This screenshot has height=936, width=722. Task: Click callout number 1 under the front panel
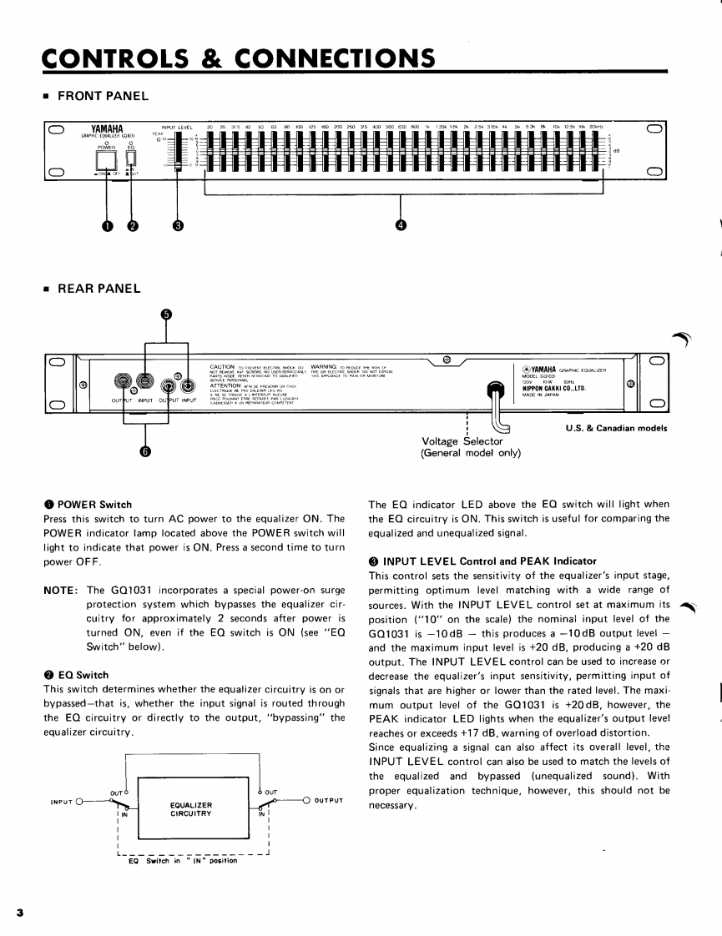click(84, 224)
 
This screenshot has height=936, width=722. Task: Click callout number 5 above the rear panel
click(166, 315)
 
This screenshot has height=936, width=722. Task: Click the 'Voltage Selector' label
click(462, 441)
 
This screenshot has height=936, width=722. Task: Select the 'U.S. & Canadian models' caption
click(616, 430)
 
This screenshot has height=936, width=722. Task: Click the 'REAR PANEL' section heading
click(98, 289)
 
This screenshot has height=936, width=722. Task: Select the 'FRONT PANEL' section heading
click(103, 96)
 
